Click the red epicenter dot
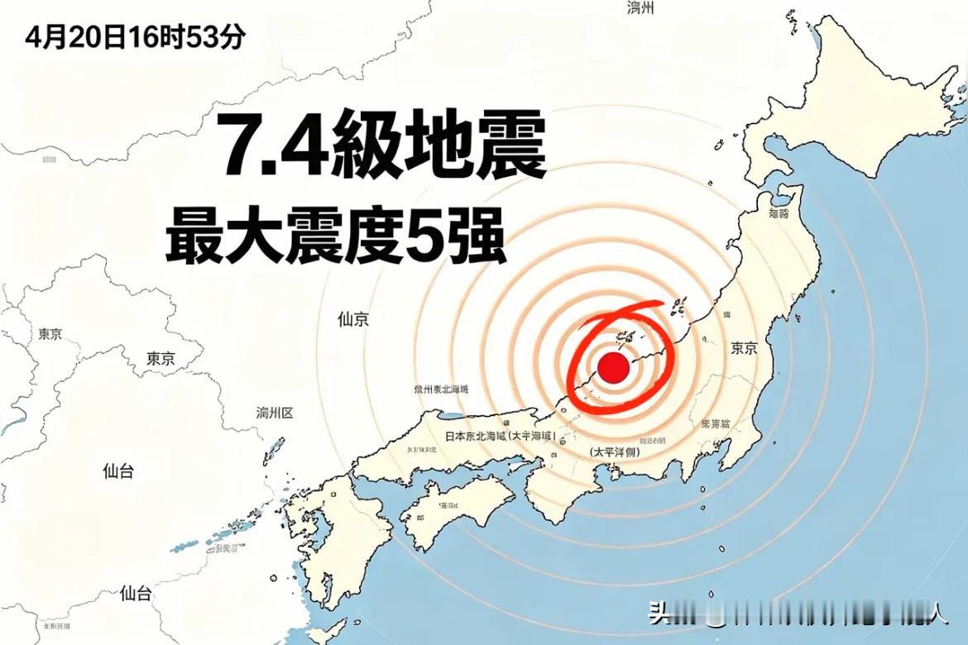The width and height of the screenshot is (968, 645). point(613,367)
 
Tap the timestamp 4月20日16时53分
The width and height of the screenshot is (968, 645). point(135,38)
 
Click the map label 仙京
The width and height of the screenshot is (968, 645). point(353,319)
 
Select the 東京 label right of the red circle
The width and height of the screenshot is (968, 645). point(744,348)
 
